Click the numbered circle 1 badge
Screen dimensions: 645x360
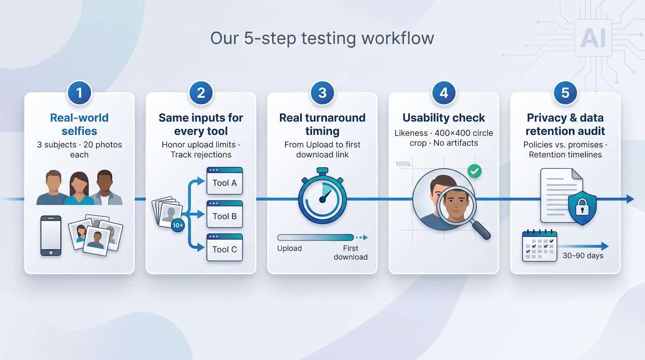[x=79, y=93]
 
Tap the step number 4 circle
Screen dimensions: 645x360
[x=444, y=93]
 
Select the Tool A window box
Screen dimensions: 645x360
[x=225, y=181]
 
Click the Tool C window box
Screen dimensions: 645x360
[x=225, y=248]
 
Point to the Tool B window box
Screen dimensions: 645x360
[x=225, y=214]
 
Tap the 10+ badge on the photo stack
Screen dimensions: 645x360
[x=178, y=225]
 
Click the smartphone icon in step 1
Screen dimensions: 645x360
[x=51, y=236]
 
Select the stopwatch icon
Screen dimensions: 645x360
[x=322, y=196]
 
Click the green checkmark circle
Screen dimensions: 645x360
[x=474, y=171]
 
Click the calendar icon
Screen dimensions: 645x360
[x=539, y=246]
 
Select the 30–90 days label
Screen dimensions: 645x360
[x=583, y=256]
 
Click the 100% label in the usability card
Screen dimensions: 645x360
[x=403, y=164]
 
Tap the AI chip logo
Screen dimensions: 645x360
[x=593, y=38]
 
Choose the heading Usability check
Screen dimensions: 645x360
[x=443, y=117]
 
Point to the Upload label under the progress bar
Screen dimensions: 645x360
[x=289, y=248]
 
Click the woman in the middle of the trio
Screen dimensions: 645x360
[x=79, y=188]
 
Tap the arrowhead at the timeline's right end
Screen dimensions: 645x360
[x=630, y=199]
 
